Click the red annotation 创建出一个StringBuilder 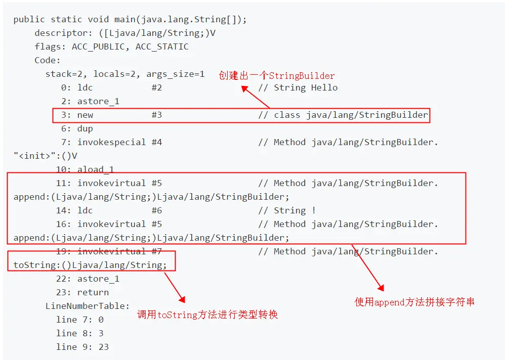pos(276,76)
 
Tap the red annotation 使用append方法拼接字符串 pos(414,302)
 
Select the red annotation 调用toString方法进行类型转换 pos(207,315)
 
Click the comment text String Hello pos(306,87)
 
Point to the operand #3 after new pos(156,115)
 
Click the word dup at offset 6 pos(85,128)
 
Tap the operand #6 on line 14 pos(156,210)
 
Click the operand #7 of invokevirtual pos(156,251)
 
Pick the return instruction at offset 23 pos(93,292)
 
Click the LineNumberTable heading pos(88,306)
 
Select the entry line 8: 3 pos(79,333)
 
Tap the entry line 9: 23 pos(82,347)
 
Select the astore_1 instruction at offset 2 pos(98,101)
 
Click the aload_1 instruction pos(98,169)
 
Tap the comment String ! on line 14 pos(295,210)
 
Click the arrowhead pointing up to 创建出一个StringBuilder pos(244,88)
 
